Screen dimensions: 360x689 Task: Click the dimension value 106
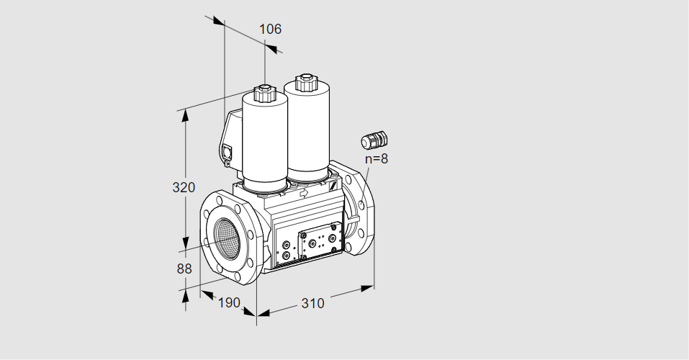pos(270,30)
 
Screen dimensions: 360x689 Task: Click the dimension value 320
pos(184,188)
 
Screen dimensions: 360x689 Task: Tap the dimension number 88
pos(184,269)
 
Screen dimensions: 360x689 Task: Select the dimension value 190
pos(228,302)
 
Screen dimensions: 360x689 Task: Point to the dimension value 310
pos(312,304)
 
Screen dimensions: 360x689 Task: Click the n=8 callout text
pos(375,158)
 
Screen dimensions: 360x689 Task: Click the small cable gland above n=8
pos(374,138)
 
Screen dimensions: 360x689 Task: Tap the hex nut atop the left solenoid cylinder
pos(264,93)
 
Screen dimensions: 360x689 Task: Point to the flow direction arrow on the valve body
pos(303,193)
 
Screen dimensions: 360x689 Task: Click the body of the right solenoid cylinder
pos(308,130)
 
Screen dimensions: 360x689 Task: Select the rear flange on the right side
pos(358,209)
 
